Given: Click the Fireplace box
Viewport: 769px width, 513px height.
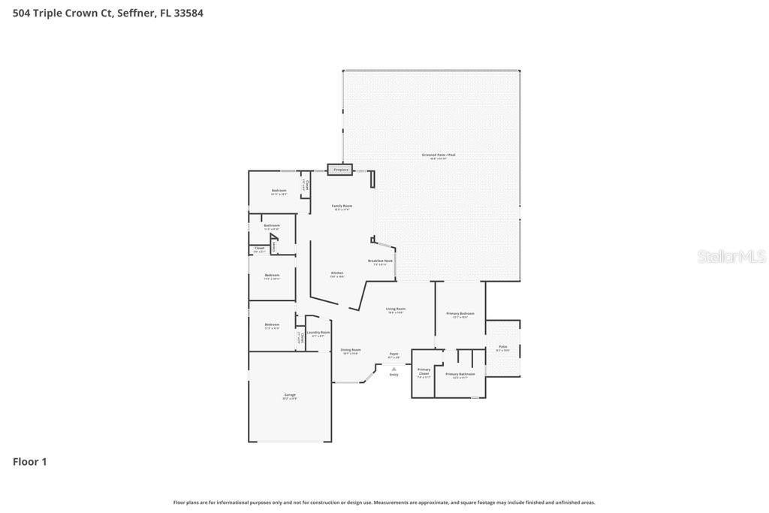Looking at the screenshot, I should tap(340, 170).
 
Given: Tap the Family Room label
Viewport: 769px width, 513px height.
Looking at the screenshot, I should tap(342, 206).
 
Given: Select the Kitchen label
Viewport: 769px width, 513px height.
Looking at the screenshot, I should tap(337, 273).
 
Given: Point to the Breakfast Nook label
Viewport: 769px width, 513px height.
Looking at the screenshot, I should tap(380, 261).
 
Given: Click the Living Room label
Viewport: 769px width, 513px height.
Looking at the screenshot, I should tap(396, 309).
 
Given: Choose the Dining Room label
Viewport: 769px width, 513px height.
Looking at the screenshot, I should tap(351, 349).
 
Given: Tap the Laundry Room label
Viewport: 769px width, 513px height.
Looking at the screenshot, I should tap(318, 332).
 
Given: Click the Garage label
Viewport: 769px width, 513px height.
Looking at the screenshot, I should tap(289, 394).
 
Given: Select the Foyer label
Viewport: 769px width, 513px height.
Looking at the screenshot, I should tap(394, 354).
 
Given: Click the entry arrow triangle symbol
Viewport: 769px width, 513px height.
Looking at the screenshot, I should tap(394, 368).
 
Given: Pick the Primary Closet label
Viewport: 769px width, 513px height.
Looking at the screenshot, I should tap(424, 370).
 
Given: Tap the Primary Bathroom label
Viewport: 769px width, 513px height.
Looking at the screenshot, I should tap(460, 373).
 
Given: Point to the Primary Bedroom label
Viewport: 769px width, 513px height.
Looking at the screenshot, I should tap(460, 313).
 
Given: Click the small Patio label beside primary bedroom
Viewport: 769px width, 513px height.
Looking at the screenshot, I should tap(502, 347).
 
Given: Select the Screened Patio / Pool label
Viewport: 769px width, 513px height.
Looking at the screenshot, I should tap(438, 155).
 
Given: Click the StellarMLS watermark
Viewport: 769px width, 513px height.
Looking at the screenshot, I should tap(731, 256).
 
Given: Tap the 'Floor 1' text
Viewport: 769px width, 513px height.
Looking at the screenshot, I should tap(30, 462).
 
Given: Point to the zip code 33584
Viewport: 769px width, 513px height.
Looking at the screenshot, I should tap(188, 13).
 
